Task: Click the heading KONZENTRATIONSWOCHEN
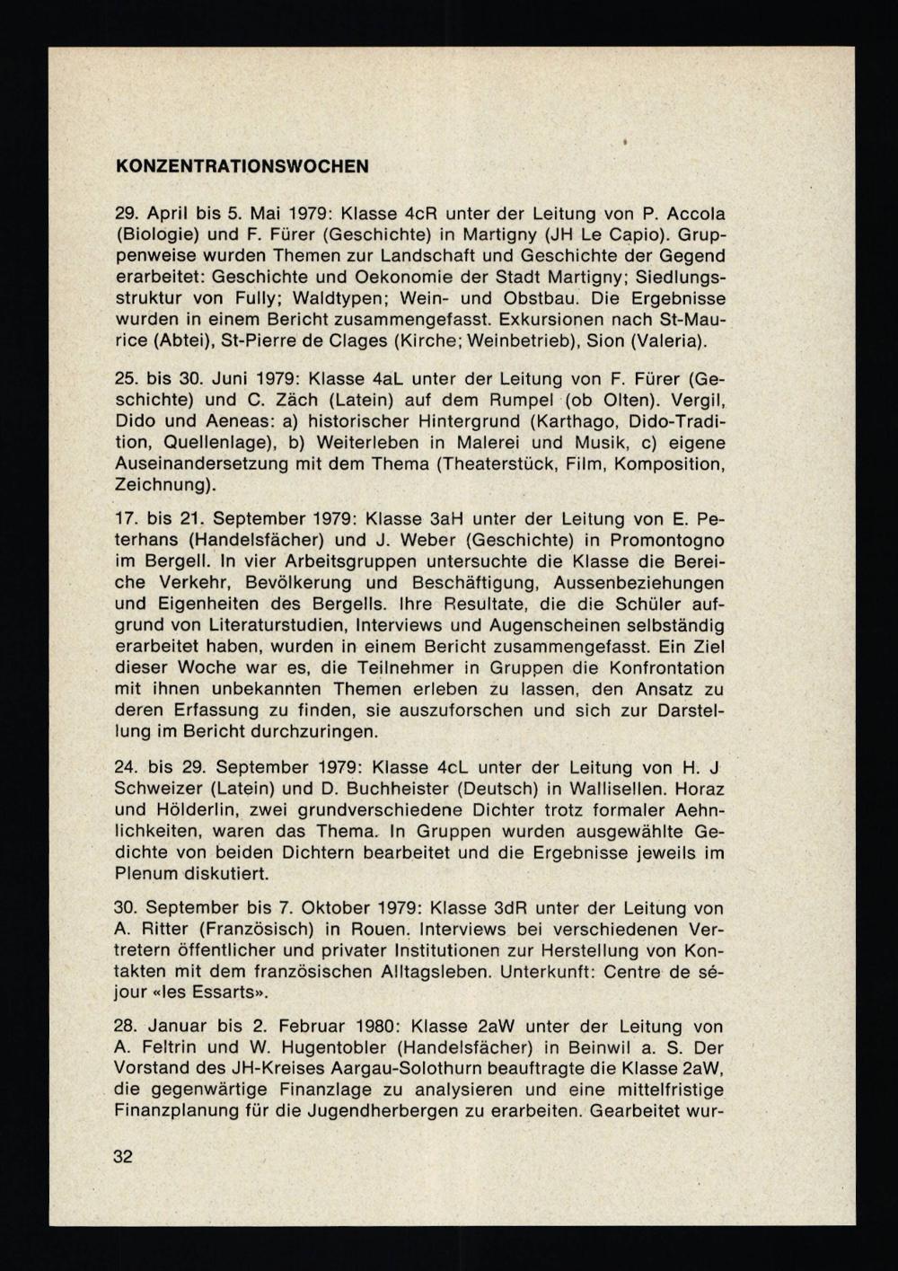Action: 242,166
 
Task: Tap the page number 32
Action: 123,1156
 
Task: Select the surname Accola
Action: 693,214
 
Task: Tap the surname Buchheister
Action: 390,789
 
